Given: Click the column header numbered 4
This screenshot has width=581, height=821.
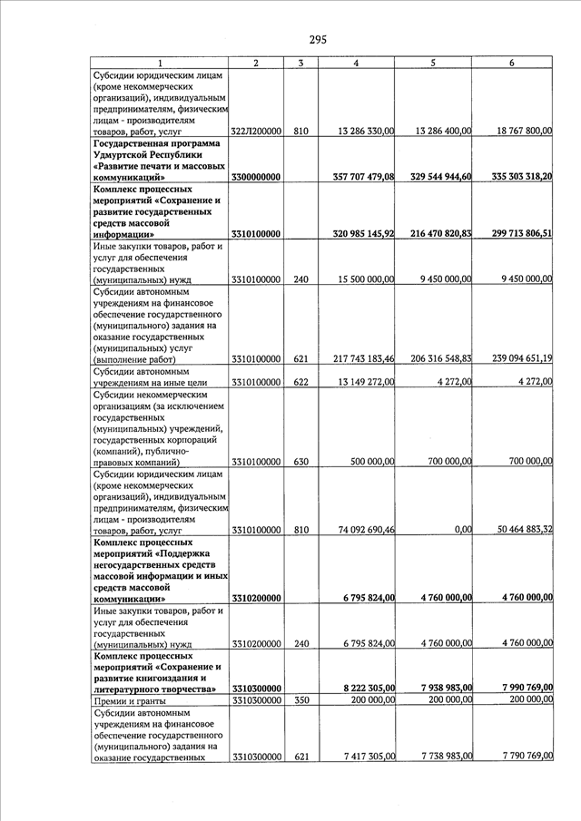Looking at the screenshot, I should coord(356,63).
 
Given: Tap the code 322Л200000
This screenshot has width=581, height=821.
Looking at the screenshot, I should coord(256,132).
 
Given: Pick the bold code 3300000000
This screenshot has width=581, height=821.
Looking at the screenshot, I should coord(256,177).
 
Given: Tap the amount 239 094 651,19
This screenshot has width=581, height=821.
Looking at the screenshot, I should coord(515,359).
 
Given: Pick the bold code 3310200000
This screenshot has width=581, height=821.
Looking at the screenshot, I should coord(256,598).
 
